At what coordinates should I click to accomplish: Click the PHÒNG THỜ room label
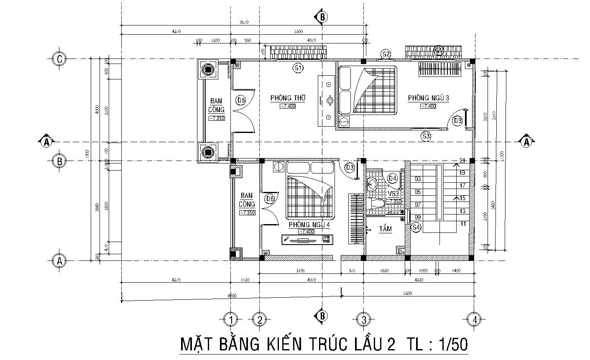coord(288,98)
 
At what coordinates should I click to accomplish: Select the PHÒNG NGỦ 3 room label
coord(428,98)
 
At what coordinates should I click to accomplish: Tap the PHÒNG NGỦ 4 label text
coord(309,225)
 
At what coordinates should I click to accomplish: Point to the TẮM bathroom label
coord(385,229)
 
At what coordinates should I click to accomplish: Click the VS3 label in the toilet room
coord(393,194)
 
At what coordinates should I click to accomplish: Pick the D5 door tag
coord(241,100)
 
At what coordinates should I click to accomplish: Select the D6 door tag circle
coord(270,199)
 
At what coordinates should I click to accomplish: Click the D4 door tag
coord(392,178)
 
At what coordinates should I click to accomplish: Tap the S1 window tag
coord(298,67)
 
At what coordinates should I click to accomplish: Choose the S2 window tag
coord(386,54)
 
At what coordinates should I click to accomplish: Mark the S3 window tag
coord(426,136)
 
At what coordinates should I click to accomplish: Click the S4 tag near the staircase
coord(416,227)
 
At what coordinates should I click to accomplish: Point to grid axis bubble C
coord(59,59)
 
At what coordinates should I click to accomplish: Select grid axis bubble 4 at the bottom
coord(474,319)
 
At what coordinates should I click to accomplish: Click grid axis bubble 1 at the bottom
coord(230,319)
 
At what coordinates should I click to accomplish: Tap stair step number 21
coord(462,161)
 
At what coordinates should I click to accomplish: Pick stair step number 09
coord(418,217)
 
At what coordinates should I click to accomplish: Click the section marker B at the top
coord(322,17)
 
